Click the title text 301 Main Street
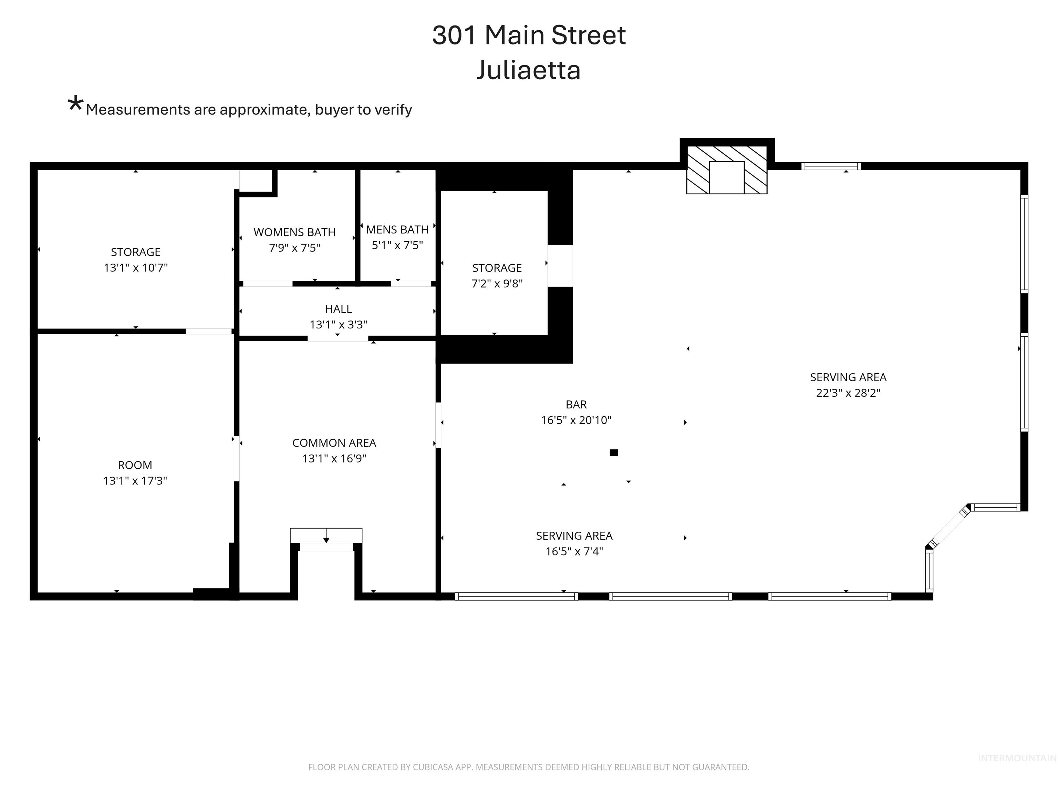point(529,35)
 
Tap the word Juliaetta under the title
point(529,70)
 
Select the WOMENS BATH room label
point(294,232)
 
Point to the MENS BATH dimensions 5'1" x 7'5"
point(397,245)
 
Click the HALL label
point(338,309)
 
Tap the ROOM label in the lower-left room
point(135,465)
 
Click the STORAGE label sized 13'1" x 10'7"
point(135,252)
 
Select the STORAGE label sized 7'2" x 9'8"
point(497,268)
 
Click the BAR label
point(576,405)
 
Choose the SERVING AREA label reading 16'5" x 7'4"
point(574,536)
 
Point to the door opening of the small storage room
point(560,266)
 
